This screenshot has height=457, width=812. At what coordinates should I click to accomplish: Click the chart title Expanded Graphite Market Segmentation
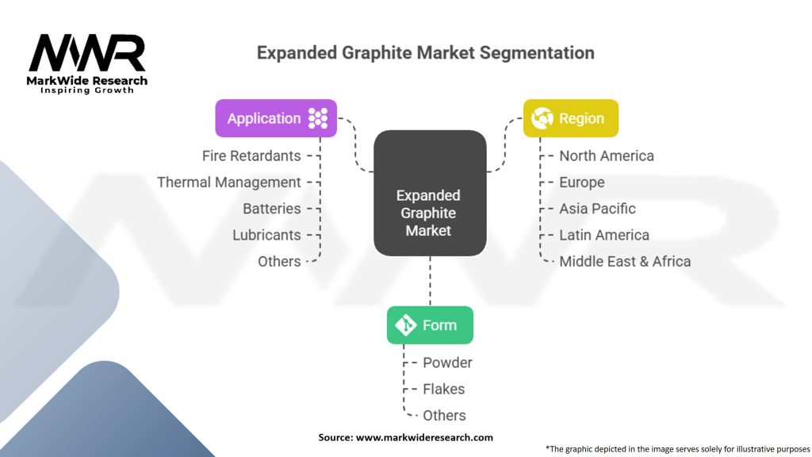pyautogui.click(x=425, y=53)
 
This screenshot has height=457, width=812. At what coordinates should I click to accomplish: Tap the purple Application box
pyautogui.click(x=276, y=118)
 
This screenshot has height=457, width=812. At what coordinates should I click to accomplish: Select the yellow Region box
pyautogui.click(x=570, y=118)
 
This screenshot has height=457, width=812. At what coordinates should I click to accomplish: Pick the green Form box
pyautogui.click(x=430, y=325)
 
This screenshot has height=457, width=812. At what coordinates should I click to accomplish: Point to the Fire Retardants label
pyautogui.click(x=251, y=156)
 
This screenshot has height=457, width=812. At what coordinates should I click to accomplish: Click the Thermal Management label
pyautogui.click(x=229, y=182)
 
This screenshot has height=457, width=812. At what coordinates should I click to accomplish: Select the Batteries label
pyautogui.click(x=272, y=209)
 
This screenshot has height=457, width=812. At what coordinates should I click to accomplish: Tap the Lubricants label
pyautogui.click(x=266, y=235)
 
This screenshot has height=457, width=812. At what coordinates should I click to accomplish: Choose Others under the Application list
pyautogui.click(x=279, y=261)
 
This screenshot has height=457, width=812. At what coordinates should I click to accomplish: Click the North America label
pyautogui.click(x=607, y=156)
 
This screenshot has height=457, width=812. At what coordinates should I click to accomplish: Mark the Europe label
pyautogui.click(x=581, y=182)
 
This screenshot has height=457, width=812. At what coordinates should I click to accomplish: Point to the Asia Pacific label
pyautogui.click(x=597, y=209)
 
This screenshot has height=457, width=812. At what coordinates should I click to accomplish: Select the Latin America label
pyautogui.click(x=604, y=235)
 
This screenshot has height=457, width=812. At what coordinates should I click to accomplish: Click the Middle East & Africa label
pyautogui.click(x=625, y=261)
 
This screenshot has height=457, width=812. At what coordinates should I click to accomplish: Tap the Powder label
pyautogui.click(x=447, y=363)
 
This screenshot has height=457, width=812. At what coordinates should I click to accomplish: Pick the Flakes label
pyautogui.click(x=444, y=389)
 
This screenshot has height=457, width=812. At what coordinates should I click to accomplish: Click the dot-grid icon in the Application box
pyautogui.click(x=318, y=118)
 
